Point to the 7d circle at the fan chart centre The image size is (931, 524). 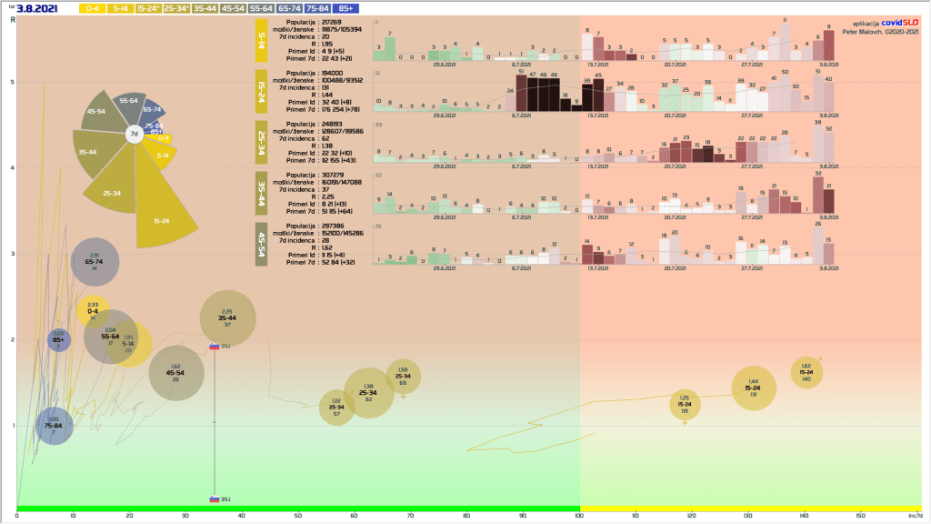tap(134, 134)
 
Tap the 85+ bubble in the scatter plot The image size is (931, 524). tap(58, 340)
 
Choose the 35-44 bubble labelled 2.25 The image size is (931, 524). tap(227, 318)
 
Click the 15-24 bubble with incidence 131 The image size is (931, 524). tap(754, 388)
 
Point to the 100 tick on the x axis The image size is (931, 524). tap(580, 516)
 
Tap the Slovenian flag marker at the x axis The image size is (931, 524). tap(215, 499)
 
